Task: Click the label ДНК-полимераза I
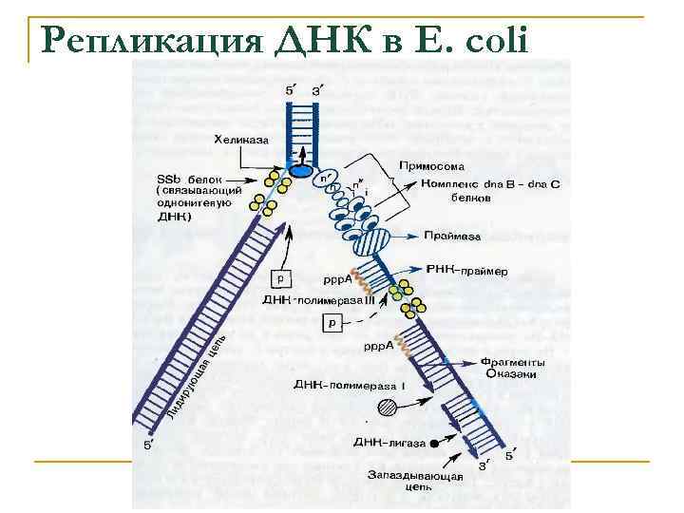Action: (323, 386)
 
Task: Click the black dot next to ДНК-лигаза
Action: (435, 442)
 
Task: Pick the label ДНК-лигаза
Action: (384, 443)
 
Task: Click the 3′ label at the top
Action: (317, 91)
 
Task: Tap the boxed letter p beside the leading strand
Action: (281, 278)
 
